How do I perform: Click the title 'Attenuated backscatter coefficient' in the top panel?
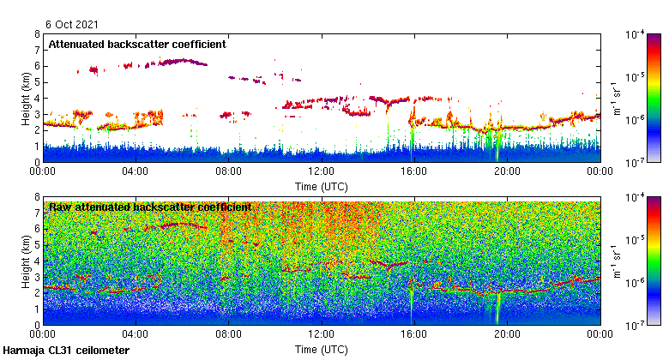tap(137, 44)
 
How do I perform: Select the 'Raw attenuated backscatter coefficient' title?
tap(150, 207)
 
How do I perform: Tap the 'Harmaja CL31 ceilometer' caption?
tap(66, 351)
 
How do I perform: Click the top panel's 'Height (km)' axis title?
tap(26, 98)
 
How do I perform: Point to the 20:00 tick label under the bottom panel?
tap(507, 334)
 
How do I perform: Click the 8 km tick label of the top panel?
tap(37, 34)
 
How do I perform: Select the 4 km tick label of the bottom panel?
tap(37, 261)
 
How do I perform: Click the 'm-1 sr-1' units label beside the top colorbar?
tap(616, 98)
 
